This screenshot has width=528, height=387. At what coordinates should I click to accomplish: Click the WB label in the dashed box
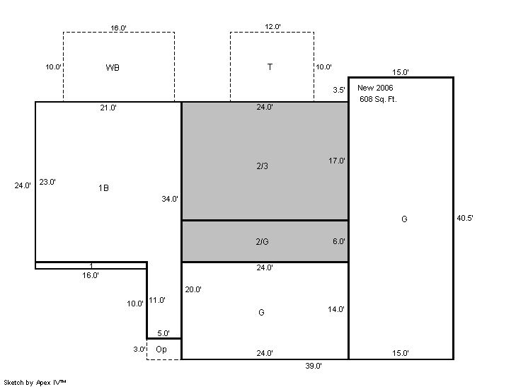point(113,68)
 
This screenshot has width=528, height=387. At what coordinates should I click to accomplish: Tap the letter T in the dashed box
point(270,67)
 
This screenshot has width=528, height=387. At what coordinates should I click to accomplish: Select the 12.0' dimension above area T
point(272,27)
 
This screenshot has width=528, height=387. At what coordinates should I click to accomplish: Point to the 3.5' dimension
point(339,90)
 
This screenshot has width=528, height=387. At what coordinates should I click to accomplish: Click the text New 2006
point(375,88)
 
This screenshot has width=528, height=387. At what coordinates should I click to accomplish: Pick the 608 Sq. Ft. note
point(378,99)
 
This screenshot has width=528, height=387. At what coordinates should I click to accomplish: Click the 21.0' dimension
point(108,108)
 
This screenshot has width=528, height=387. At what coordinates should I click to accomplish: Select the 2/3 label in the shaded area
point(263,166)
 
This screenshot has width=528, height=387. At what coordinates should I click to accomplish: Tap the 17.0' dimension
point(337,161)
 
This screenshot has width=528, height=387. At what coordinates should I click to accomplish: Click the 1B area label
point(103,187)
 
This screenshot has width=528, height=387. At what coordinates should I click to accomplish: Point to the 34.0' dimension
point(170,199)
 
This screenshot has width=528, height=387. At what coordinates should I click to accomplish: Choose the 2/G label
point(263,242)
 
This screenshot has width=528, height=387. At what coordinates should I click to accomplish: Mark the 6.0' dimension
point(339,241)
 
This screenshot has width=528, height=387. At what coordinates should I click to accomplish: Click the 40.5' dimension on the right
point(465,218)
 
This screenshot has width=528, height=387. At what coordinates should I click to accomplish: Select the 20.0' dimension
point(193,289)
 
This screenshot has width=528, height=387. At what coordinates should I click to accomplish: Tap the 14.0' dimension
point(336,309)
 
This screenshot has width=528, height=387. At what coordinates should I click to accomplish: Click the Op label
point(161,350)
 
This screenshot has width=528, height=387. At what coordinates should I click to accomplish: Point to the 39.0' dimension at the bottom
point(314,366)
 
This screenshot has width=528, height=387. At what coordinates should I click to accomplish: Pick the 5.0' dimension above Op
point(163,333)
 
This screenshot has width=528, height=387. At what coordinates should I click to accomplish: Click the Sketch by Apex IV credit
point(35,383)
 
